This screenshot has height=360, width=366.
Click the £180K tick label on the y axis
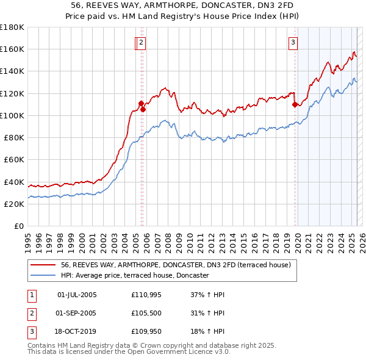(x=12, y=27)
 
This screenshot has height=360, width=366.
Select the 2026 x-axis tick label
(x=361, y=237)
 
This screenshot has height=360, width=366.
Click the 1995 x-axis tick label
(x=28, y=237)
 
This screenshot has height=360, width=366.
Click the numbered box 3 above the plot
(x=293, y=42)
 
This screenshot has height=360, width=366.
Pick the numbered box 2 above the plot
(x=141, y=42)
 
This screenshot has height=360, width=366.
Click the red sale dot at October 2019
(x=295, y=104)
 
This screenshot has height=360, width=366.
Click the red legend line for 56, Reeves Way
(x=42, y=265)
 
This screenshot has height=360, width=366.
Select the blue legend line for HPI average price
(x=42, y=275)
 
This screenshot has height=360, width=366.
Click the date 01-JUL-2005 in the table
(x=77, y=295)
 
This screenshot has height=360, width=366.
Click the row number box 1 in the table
(x=31, y=295)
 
